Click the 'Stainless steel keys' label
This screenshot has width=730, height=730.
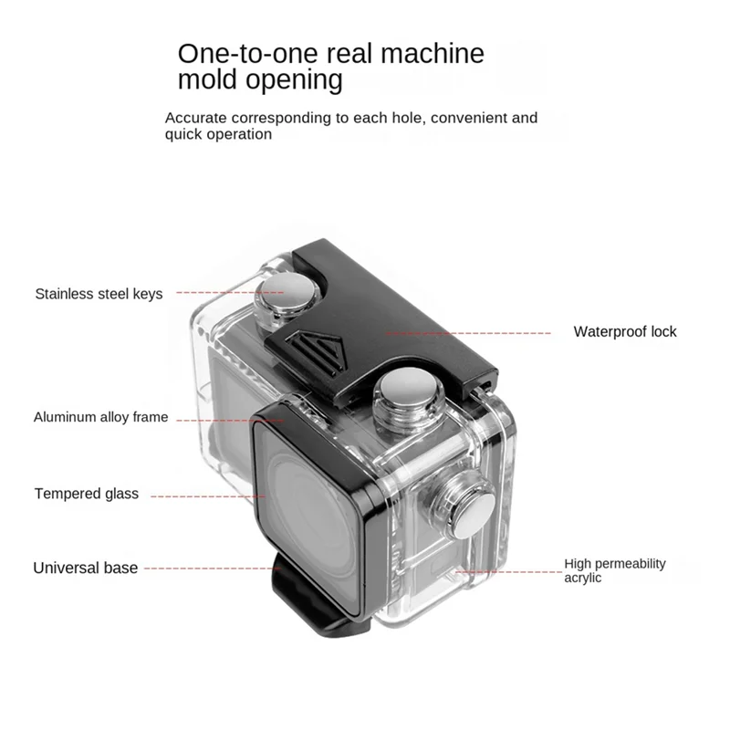coord(99,294)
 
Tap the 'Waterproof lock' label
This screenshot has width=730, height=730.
coord(625,332)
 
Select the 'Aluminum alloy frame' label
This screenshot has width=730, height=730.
coord(100,417)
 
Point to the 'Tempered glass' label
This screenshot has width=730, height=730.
coord(87,494)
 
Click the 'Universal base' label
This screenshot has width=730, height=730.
coord(85,568)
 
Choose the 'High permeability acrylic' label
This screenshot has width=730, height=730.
coord(615,571)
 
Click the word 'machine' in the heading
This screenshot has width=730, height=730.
coord(433,54)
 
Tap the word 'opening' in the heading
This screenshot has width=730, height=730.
coord(294,80)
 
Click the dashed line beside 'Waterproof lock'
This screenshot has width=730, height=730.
coord(468,333)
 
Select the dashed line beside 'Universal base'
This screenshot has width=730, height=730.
coord(213,568)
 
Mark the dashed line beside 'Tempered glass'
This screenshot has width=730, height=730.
coord(208,496)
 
